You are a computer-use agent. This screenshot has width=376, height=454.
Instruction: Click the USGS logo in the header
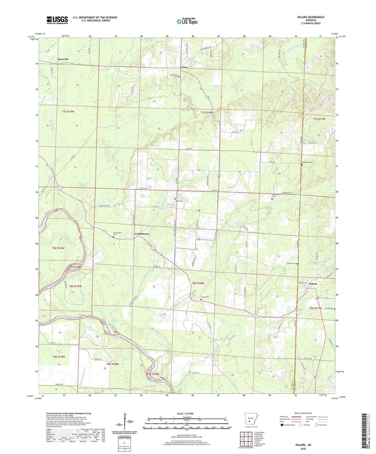57,20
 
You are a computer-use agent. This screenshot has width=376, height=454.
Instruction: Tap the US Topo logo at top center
187,21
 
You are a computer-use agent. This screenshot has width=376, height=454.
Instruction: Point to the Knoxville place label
63,59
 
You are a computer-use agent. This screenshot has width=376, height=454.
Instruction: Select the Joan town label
184,67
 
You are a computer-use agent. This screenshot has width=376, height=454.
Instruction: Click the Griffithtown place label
142,234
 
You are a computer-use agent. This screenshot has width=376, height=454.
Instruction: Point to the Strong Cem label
205,297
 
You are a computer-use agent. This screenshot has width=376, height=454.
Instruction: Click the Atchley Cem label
291,263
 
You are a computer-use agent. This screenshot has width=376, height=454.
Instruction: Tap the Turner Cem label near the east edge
329,308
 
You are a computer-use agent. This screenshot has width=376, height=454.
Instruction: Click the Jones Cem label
179,201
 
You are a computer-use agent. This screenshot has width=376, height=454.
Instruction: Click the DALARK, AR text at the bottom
303,445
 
